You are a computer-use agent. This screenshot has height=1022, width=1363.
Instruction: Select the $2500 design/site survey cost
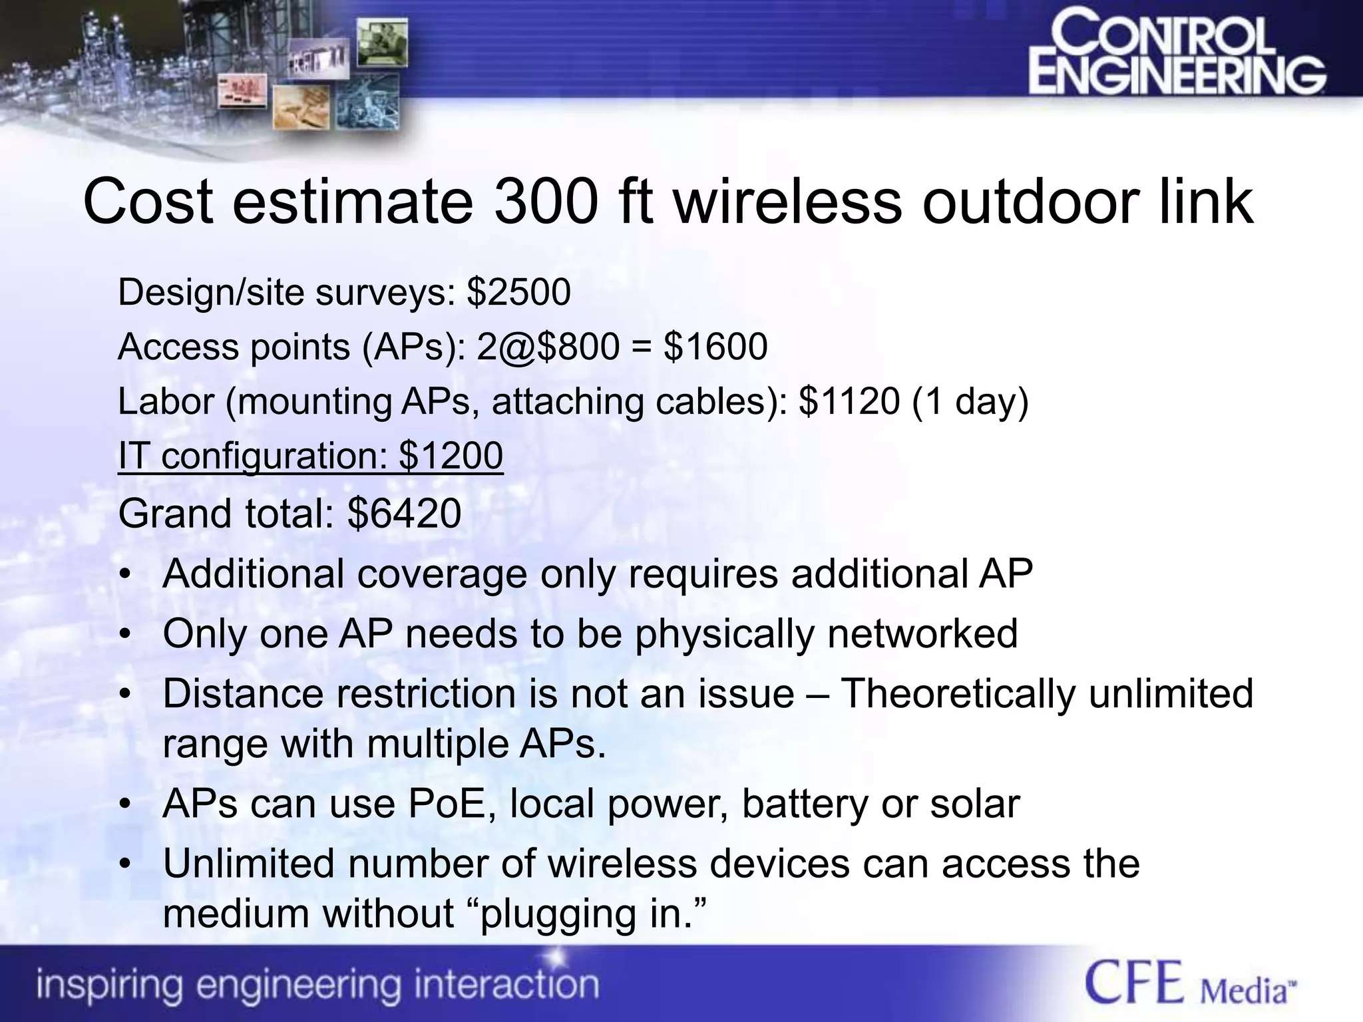[518, 292]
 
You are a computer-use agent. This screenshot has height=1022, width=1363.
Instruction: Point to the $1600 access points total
[715, 347]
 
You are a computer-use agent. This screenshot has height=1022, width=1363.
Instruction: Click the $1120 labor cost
[849, 401]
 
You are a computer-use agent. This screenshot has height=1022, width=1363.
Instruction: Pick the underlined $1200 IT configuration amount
[451, 456]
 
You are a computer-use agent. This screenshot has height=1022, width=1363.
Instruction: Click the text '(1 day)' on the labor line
[971, 401]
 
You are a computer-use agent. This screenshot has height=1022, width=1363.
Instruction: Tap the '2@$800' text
[548, 347]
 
